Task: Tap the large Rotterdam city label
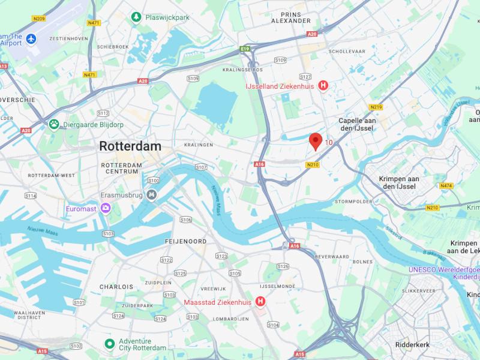pos(130,146)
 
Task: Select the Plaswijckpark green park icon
pos(137,17)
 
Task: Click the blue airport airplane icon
pos(31,39)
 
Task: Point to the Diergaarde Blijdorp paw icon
pos(54,124)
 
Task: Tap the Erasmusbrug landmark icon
pos(152,194)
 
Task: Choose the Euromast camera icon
pos(106,208)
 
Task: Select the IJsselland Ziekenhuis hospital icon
pos(323,86)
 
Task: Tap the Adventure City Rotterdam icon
pos(109,344)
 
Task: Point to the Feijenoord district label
pos(185,241)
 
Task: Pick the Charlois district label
pos(116,287)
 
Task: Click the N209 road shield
pos(39,19)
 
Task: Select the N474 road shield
pos(446,186)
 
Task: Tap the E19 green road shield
pos(244,49)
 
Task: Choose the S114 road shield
pos(31,196)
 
